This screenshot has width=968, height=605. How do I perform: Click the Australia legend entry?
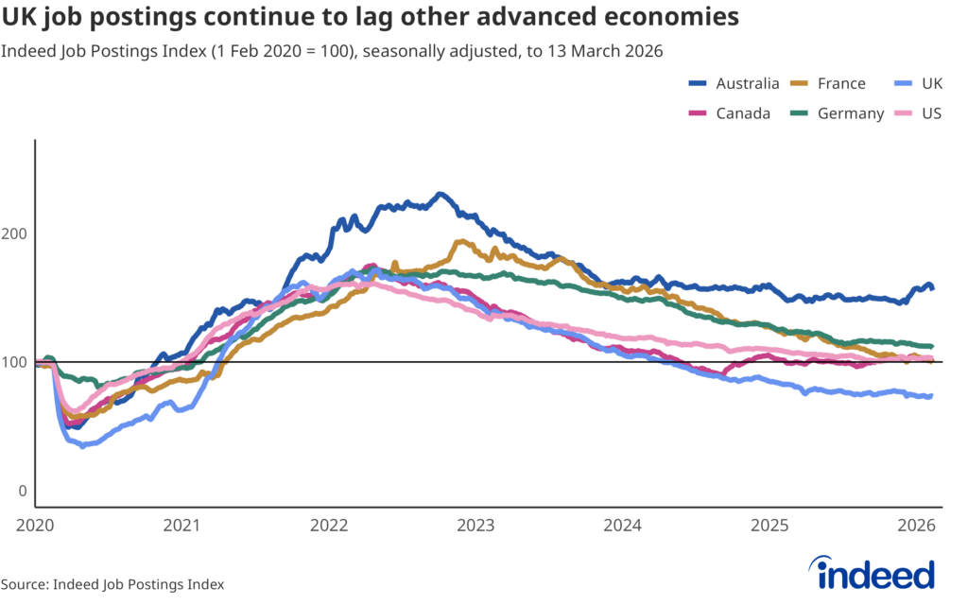[735, 83]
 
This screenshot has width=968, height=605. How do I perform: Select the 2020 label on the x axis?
[35, 525]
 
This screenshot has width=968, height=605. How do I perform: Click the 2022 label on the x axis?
[329, 525]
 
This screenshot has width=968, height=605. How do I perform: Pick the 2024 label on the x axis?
[623, 525]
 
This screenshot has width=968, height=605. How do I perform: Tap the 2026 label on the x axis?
[916, 525]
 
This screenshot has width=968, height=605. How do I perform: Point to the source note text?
[112, 584]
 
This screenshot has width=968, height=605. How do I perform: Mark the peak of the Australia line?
[440, 194]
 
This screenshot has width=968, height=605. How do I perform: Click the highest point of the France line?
[460, 241]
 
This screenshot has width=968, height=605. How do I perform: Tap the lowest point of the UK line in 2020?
[82, 445]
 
